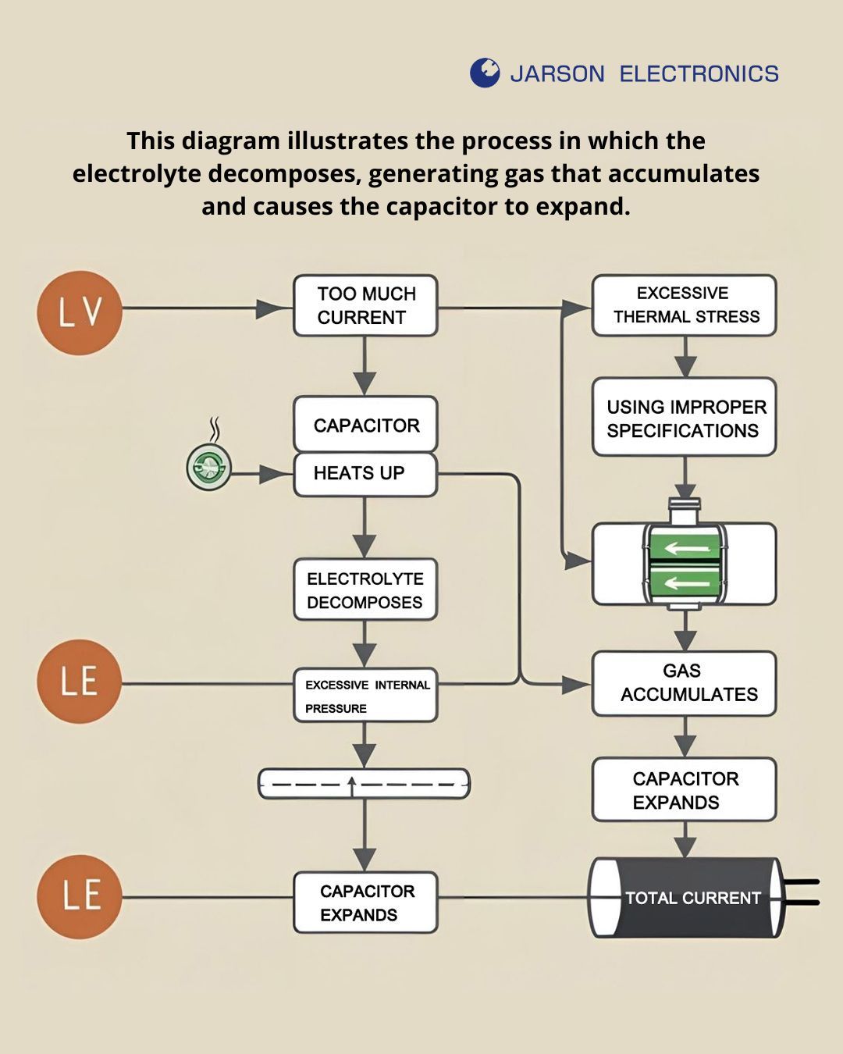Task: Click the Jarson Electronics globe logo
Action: [x=485, y=73]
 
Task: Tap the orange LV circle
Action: [x=80, y=312]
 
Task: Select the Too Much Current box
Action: [x=365, y=305]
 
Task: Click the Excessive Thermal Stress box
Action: [x=684, y=305]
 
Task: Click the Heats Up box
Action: [x=365, y=474]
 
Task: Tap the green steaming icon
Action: [x=209, y=467]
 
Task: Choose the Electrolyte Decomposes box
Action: [x=365, y=590]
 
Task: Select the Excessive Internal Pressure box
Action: [x=365, y=695]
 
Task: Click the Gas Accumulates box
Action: [x=684, y=683]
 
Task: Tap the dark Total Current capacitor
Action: [x=685, y=898]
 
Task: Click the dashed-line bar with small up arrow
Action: [x=364, y=783]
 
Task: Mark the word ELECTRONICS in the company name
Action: [x=699, y=74]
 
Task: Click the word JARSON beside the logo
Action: [x=557, y=74]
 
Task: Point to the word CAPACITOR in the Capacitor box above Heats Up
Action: [x=366, y=426]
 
